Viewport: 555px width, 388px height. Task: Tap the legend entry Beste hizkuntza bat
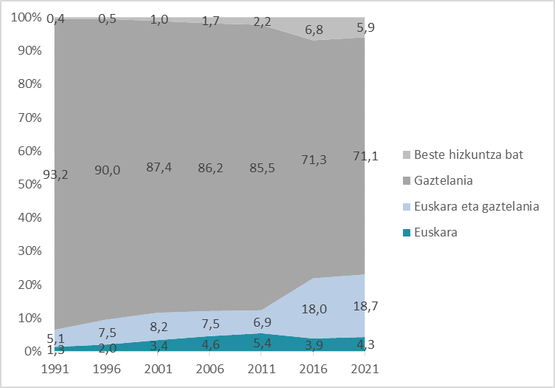click(464, 154)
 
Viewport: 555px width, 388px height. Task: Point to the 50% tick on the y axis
click(27, 185)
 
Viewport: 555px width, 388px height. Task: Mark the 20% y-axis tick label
click(27, 285)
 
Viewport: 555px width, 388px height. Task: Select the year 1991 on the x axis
click(54, 367)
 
